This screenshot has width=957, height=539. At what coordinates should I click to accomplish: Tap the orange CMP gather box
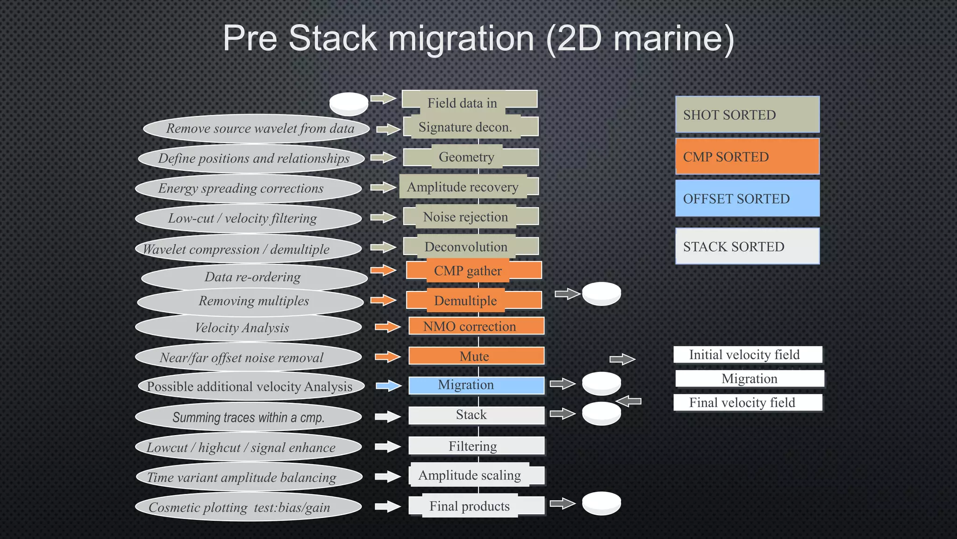pyautogui.click(x=473, y=270)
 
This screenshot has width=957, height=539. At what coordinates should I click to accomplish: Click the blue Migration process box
pyautogui.click(x=476, y=385)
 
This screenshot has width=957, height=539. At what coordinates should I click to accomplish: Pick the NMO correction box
pyautogui.click(x=476, y=326)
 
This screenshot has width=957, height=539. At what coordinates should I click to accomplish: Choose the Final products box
pyautogui.click(x=476, y=506)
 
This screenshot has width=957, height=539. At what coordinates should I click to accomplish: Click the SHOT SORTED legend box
pyautogui.click(x=747, y=115)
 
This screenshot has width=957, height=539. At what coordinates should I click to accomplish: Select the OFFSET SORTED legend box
pyautogui.click(x=747, y=198)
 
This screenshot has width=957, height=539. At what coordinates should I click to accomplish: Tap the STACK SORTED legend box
pyautogui.click(x=747, y=246)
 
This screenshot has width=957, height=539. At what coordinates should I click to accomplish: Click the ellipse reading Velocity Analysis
pyautogui.click(x=248, y=328)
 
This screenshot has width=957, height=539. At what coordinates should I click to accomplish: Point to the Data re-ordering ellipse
pyautogui.click(x=254, y=277)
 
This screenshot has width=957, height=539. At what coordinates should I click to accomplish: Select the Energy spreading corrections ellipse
pyautogui.click(x=248, y=188)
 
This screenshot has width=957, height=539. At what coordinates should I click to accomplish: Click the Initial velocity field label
pyautogui.click(x=747, y=355)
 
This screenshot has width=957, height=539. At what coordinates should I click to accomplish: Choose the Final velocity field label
pyautogui.click(x=747, y=402)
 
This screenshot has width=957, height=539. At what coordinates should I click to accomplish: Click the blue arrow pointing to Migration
pyautogui.click(x=389, y=386)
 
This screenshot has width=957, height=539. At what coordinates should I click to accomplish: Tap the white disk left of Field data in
pyautogui.click(x=349, y=104)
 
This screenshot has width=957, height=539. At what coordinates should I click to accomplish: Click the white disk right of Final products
pyautogui.click(x=601, y=503)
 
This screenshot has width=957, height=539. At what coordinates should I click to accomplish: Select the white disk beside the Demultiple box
pyautogui.click(x=601, y=294)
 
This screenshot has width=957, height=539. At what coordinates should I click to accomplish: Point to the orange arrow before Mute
pyautogui.click(x=388, y=357)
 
